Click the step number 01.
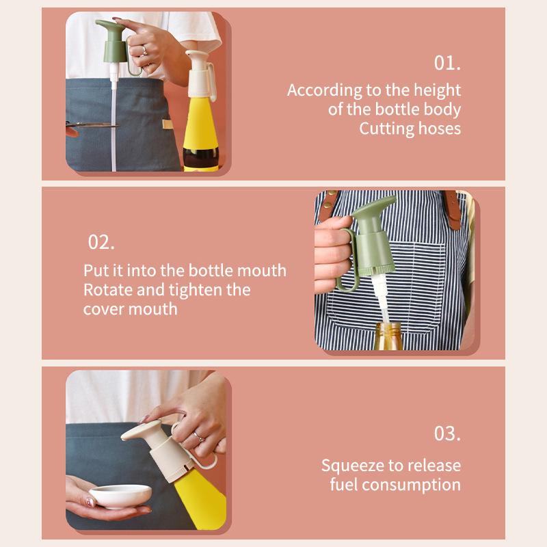click(x=447, y=63)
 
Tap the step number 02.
click(x=101, y=242)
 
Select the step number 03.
click(x=447, y=433)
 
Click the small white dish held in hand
click(x=120, y=495)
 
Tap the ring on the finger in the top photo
click(x=144, y=51)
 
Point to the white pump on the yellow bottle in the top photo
click(x=200, y=74)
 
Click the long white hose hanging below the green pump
click(x=114, y=118)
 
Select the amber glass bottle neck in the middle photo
click(x=388, y=336)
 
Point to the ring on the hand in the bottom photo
click(x=198, y=436)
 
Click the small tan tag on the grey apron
click(x=168, y=124)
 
